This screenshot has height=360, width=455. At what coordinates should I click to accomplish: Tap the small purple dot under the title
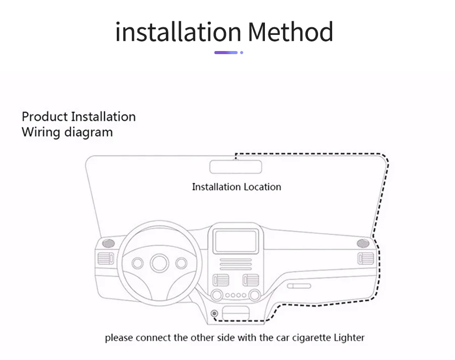pyautogui.click(x=242, y=52)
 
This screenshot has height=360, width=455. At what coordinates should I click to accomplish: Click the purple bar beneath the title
pyautogui.click(x=225, y=52)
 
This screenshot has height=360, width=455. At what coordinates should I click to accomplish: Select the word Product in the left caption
pyautogui.click(x=44, y=117)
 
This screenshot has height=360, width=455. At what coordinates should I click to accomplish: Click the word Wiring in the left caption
pyautogui.click(x=41, y=132)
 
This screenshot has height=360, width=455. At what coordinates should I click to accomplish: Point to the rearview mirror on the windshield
pyautogui.click(x=235, y=166)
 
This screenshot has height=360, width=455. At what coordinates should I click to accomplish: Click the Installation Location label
pyautogui.click(x=236, y=187)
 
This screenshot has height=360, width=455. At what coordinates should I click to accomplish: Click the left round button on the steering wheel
pyautogui.click(x=138, y=263)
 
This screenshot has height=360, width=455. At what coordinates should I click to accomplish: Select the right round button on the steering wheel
pyautogui.click(x=181, y=263)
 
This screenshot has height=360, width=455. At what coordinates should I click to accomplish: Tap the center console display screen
pyautogui.click(x=236, y=241)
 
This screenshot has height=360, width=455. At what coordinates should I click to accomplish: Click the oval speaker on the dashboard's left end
pyautogui.click(x=107, y=243)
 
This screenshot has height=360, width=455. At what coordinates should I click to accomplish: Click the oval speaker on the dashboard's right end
pyautogui.click(x=362, y=243)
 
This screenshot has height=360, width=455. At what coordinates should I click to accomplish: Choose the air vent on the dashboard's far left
pyautogui.click(x=105, y=259)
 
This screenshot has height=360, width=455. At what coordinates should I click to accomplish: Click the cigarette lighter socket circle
pyautogui.click(x=214, y=314)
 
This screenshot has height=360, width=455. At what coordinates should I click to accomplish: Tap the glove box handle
pyautogui.click(x=298, y=286)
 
